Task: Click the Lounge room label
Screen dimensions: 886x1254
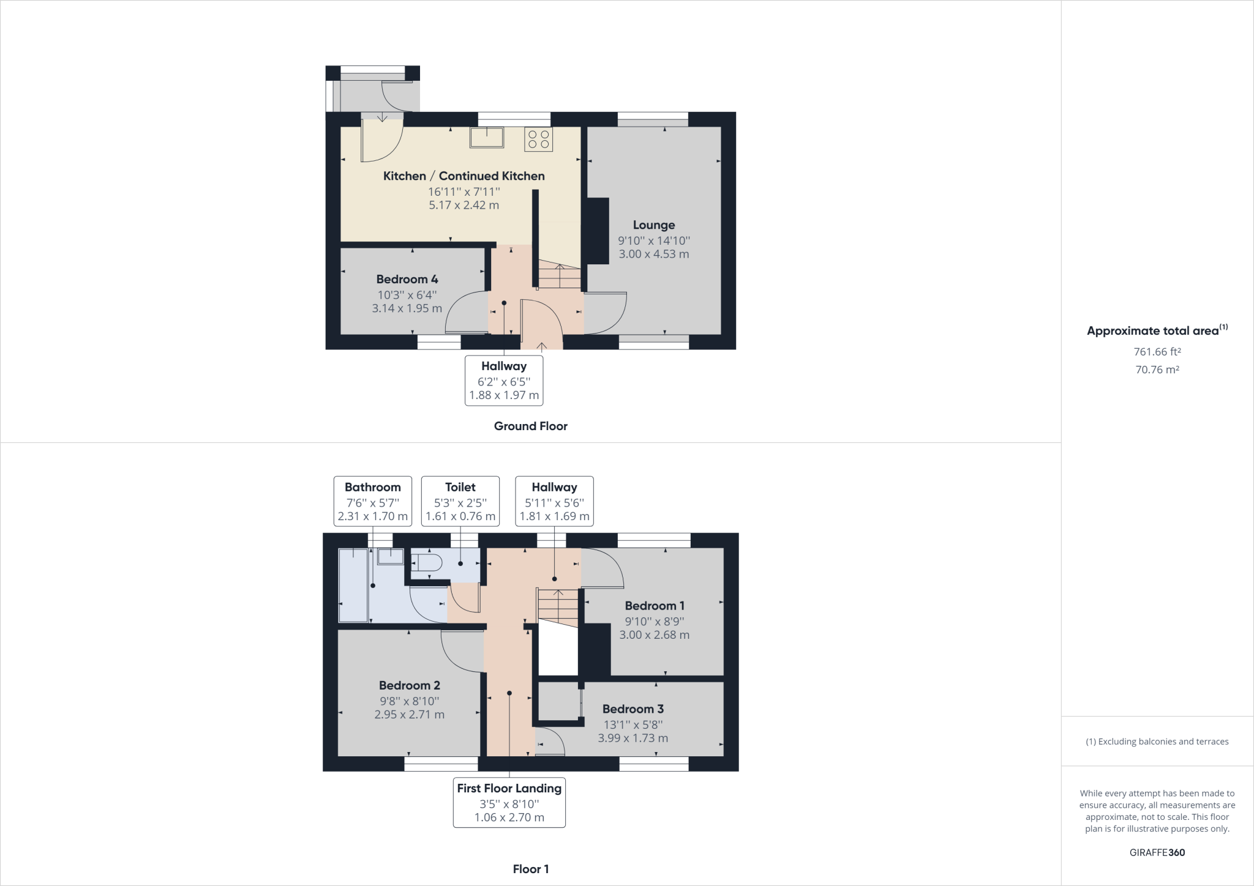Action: pos(653,225)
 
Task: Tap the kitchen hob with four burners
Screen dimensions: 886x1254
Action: pos(538,139)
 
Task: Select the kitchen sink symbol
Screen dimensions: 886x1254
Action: pos(487,137)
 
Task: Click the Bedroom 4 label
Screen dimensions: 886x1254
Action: pos(407,280)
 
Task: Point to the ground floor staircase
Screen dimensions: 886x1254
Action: pos(559,275)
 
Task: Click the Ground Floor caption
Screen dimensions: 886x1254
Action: pos(530,426)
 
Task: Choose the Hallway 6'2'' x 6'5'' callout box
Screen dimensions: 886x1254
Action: pos(504,381)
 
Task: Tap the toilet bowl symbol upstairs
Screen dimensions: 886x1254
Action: pos(427,563)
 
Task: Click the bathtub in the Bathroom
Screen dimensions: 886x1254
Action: pos(353,585)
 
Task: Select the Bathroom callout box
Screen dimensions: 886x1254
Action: pos(372,501)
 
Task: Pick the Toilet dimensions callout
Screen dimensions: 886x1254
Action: pos(460,501)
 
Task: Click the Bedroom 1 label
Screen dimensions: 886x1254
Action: pos(655,606)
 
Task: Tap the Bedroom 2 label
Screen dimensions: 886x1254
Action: pos(409,685)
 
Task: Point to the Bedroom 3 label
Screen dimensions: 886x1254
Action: pos(633,709)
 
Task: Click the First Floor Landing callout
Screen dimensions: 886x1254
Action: pos(509,802)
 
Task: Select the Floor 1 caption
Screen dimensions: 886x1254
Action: pos(530,869)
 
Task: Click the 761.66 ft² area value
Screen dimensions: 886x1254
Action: pos(1157,352)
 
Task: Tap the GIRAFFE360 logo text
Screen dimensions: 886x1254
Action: pos(1157,852)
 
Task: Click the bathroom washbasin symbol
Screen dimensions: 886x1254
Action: pos(390,556)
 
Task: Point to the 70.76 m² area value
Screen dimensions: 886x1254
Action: pos(1157,370)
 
